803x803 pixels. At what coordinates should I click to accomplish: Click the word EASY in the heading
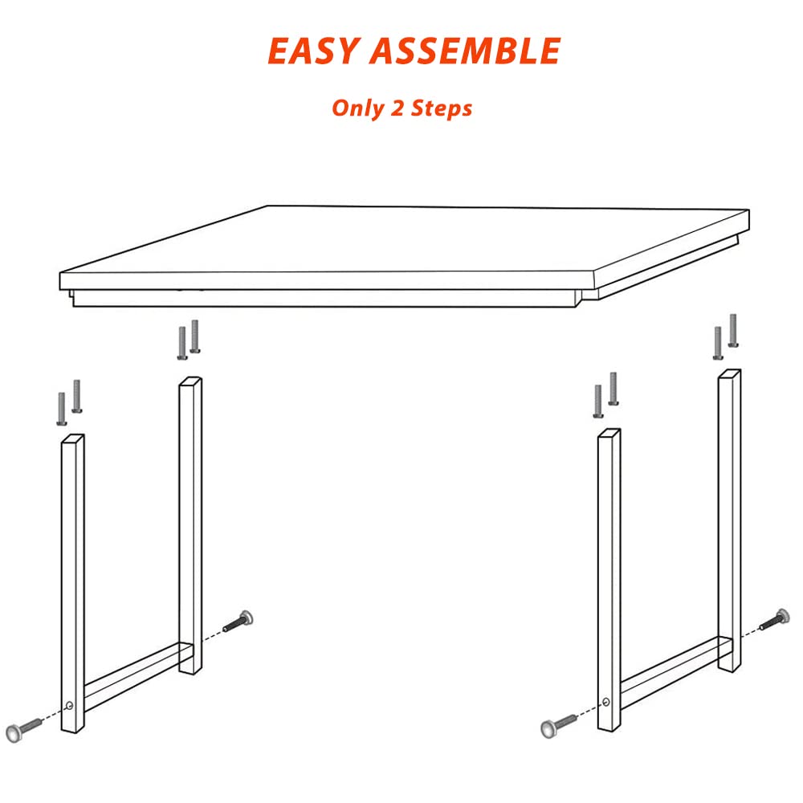point(312,51)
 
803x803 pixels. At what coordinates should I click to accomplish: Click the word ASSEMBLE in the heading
point(465,51)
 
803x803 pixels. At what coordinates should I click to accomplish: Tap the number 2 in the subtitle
point(397,108)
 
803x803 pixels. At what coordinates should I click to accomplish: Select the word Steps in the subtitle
point(442,108)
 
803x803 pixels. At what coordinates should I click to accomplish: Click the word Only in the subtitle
point(358,108)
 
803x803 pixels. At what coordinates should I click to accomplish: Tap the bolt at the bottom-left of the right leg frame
point(559,724)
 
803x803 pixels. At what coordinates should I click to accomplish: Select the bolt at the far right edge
point(775,619)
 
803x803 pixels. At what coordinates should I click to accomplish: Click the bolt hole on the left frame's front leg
point(70,706)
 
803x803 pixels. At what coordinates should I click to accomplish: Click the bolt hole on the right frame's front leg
point(606,702)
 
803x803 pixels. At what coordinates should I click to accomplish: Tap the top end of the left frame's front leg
point(73,439)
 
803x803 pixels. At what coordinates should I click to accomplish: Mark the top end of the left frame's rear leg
point(190,382)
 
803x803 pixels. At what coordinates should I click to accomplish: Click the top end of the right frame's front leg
point(609,434)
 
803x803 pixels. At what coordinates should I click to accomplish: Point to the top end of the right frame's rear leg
point(729,374)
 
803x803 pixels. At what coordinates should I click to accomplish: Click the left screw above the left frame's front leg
point(62,409)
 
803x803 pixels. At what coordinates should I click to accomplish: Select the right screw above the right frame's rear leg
point(733,330)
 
